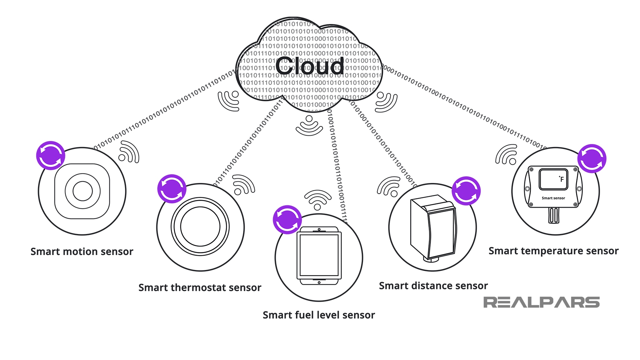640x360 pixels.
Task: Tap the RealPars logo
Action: (x=541, y=302)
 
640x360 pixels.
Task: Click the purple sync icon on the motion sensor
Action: (x=51, y=156)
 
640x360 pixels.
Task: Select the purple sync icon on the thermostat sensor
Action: (x=172, y=189)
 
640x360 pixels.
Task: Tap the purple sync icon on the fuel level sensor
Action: (x=287, y=220)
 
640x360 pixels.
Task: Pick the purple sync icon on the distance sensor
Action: (x=466, y=191)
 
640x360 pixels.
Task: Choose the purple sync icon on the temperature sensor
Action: (x=592, y=158)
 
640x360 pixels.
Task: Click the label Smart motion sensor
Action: (x=82, y=252)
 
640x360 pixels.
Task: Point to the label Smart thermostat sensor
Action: (x=200, y=288)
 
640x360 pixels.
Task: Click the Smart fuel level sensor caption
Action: (x=319, y=315)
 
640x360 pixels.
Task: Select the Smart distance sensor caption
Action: (x=433, y=286)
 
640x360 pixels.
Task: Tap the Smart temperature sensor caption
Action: (x=553, y=251)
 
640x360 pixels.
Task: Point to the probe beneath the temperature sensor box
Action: (x=554, y=215)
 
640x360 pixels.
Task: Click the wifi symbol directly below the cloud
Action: (x=309, y=126)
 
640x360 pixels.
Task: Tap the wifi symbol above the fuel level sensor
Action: (x=318, y=200)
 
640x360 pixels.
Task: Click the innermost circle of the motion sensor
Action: (x=82, y=191)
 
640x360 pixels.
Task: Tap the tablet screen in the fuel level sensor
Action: (x=319, y=255)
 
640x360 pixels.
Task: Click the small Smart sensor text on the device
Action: (x=553, y=198)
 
